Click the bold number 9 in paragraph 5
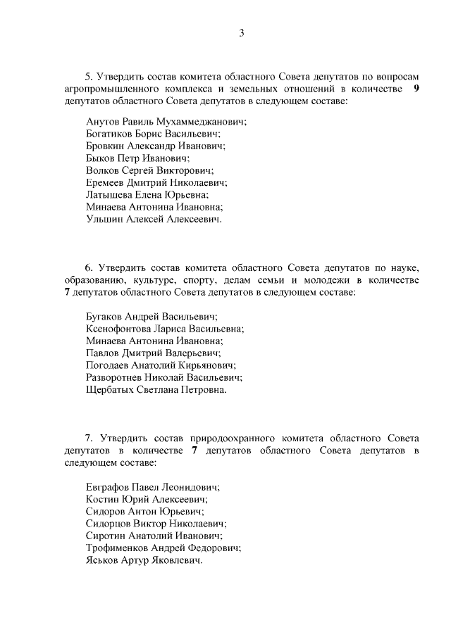pos(416,89)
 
